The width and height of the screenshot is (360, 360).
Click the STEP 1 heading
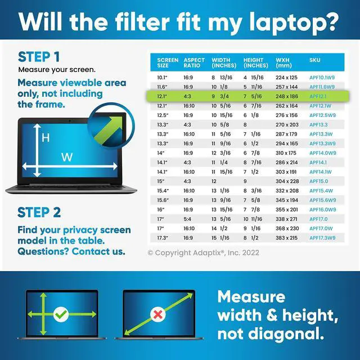coord(39,57)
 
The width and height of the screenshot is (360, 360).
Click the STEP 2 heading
coord(39,212)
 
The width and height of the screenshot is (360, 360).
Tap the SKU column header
coord(314,60)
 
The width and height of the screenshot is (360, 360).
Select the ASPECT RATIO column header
coord(194,62)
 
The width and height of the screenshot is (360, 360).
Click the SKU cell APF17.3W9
coord(323,238)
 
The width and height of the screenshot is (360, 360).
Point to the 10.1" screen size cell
coord(163,77)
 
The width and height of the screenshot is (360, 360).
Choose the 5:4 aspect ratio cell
coord(188,219)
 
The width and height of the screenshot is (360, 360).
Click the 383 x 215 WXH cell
coord(287,238)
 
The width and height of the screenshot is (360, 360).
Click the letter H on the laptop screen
coord(46,137)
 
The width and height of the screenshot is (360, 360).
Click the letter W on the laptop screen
coord(67,158)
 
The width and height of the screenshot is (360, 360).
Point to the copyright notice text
coord(204,253)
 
